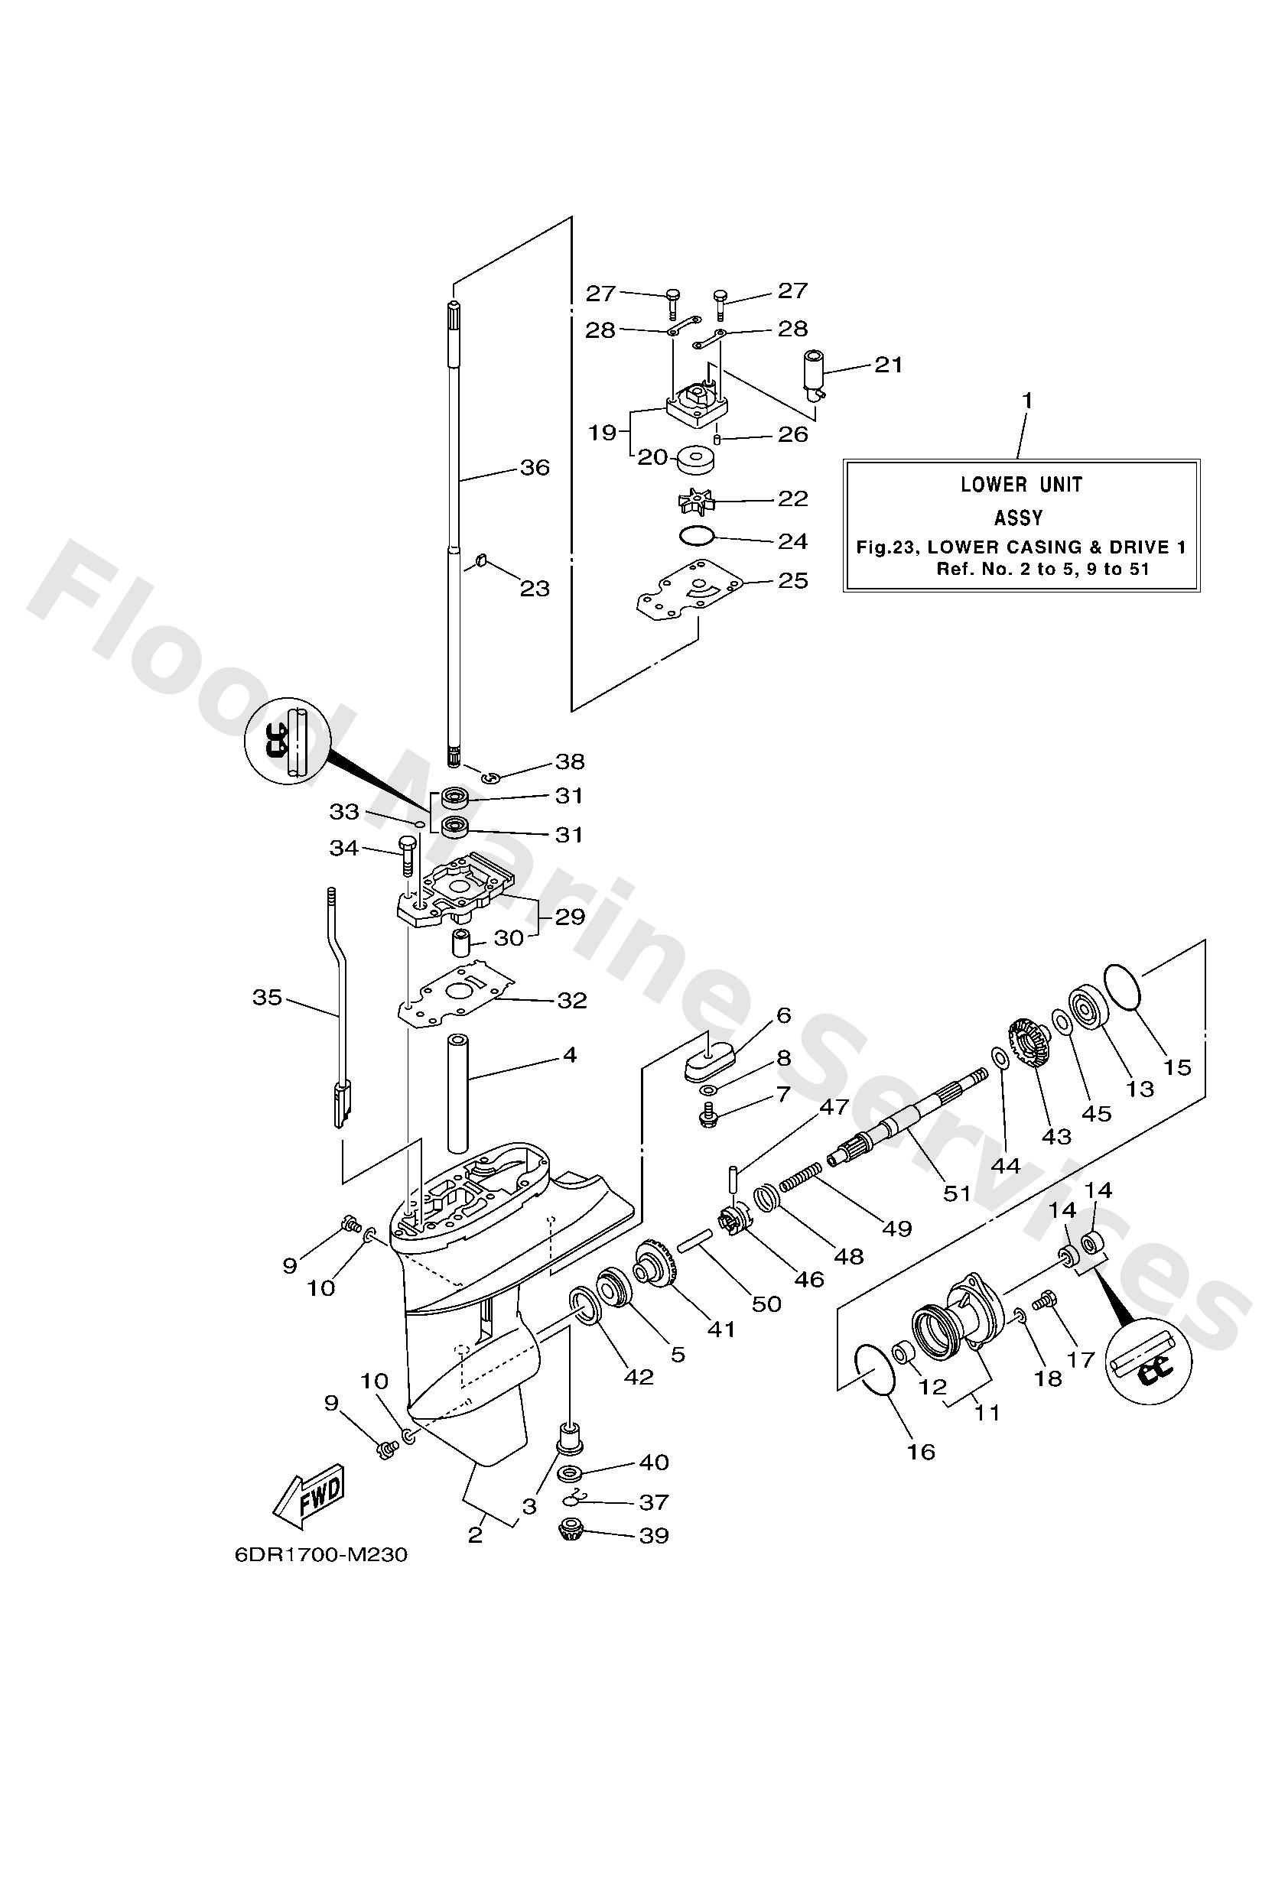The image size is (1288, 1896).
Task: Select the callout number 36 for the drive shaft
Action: (535, 467)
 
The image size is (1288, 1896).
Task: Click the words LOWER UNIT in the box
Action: (1021, 485)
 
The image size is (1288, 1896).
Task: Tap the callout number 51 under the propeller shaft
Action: (957, 1193)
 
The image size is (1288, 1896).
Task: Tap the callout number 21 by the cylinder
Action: (889, 364)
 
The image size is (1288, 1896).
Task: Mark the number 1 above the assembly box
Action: (1028, 401)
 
